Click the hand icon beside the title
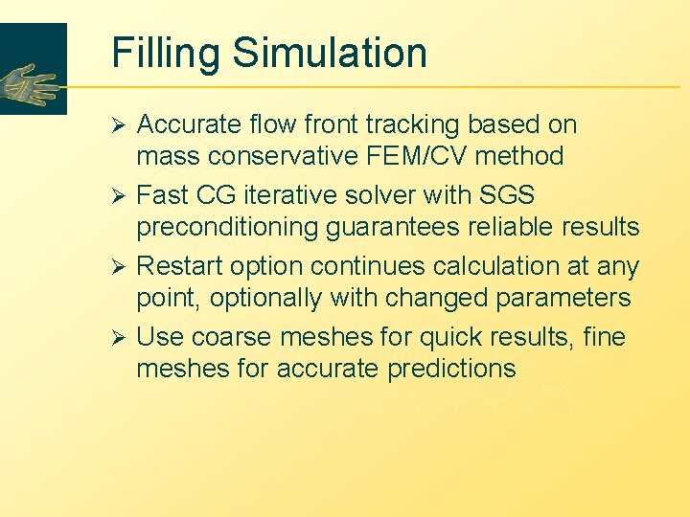click(x=31, y=85)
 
